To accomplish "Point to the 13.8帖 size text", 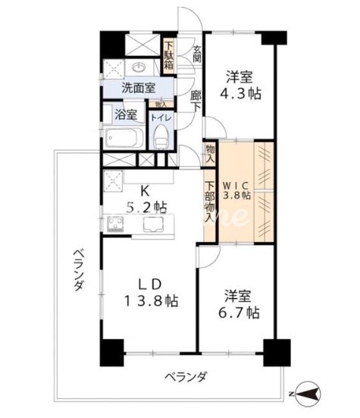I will coord(149,301).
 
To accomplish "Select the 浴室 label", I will coord(125,115).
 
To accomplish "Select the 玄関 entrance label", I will coord(196,54).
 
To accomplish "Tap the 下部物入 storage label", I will coord(209,206).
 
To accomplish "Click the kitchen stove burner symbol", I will coord(117,224).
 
